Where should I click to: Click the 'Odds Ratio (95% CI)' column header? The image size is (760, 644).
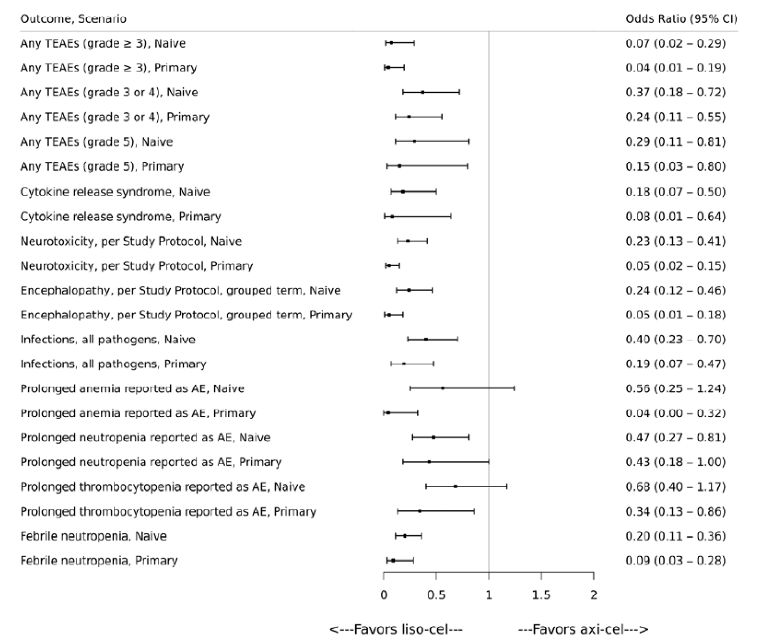click(x=681, y=19)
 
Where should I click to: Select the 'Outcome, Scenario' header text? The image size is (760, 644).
click(x=73, y=19)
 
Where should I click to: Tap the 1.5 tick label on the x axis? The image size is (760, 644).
click(x=541, y=595)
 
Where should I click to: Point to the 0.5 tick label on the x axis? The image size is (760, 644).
click(x=436, y=595)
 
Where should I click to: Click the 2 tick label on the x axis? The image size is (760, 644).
click(x=594, y=595)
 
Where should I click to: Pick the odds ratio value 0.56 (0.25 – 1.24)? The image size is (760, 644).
click(x=676, y=388)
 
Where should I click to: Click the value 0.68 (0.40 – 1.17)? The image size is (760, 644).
click(x=676, y=487)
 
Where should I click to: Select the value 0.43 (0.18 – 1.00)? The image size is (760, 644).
click(x=676, y=462)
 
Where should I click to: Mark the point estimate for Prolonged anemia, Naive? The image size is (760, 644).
click(x=443, y=388)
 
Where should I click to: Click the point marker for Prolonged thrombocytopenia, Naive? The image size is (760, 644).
click(x=455, y=487)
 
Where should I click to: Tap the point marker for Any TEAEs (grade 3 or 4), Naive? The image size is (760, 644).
click(x=422, y=92)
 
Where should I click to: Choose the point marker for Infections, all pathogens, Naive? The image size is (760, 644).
click(x=426, y=339)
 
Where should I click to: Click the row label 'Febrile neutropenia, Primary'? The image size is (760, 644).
click(x=99, y=561)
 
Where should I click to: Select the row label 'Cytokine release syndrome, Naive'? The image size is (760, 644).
click(x=115, y=192)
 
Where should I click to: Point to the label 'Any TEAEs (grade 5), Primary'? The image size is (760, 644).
click(x=102, y=166)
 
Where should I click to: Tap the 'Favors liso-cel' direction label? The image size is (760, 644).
click(x=396, y=630)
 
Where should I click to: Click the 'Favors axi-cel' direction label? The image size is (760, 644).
click(x=583, y=630)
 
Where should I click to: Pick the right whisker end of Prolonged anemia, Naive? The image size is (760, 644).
click(x=514, y=388)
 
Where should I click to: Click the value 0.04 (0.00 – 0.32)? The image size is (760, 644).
click(x=676, y=413)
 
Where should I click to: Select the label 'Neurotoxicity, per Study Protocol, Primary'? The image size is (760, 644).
click(x=137, y=266)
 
